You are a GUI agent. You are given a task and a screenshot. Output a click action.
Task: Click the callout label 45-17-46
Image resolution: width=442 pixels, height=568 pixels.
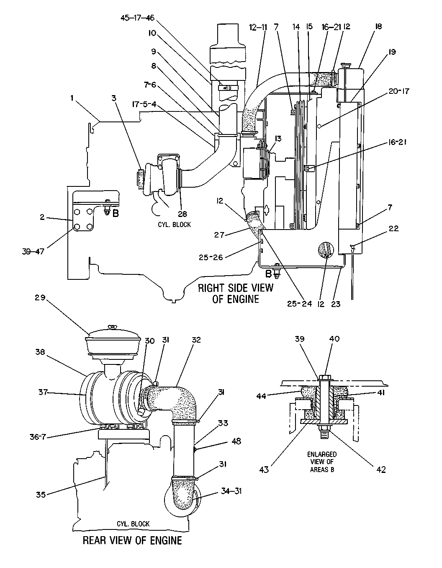pos(137,18)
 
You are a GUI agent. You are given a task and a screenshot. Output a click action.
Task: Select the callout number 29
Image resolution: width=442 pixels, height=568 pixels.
pos(40,297)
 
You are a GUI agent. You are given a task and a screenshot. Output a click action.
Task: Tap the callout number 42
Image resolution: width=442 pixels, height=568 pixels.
pos(381,470)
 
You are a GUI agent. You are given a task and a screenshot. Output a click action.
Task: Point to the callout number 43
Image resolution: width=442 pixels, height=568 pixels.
pos(264,470)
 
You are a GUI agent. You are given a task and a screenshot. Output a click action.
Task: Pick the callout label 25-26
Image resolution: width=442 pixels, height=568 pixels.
pos(211,258)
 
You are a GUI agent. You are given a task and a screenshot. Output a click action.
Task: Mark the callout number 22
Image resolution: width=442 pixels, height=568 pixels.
pos(394,228)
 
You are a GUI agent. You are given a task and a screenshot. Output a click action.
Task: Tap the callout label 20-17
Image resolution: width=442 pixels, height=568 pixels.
pos(399,91)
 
